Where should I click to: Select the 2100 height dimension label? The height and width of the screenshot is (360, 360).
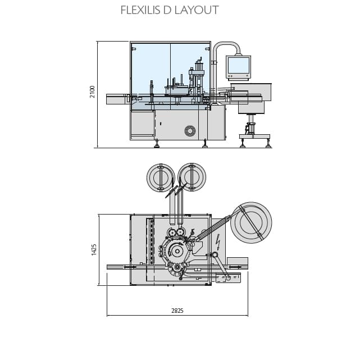coord(93,92)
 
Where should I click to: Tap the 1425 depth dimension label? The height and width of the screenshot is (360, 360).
coord(94,249)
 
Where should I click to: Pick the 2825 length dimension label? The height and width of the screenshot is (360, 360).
coord(177,311)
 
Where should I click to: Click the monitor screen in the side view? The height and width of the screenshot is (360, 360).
coord(238,66)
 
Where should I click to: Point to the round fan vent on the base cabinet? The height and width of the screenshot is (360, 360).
coord(190,131)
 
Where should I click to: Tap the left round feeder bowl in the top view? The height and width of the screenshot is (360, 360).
coord(161,177)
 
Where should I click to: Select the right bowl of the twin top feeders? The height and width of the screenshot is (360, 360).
coord(192,177)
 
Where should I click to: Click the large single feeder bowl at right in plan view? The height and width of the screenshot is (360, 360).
coord(250,222)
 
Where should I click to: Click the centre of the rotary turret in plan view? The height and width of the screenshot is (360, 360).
coord(177,251)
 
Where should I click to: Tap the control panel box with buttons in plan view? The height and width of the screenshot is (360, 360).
coord(228,277)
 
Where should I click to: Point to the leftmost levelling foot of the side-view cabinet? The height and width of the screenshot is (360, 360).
coord(157,145)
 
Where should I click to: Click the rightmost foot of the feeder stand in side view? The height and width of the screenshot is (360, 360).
coord(268,145)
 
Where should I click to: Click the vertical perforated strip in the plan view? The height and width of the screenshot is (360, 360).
coord(151,241)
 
